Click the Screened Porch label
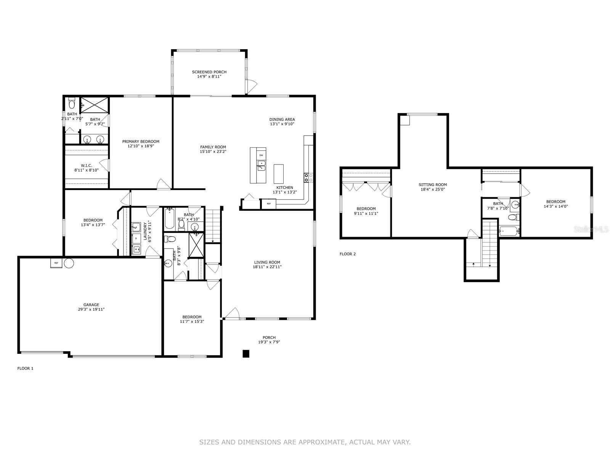click(x=209, y=72)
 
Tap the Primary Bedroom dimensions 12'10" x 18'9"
click(x=141, y=146)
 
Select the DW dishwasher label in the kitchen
click(x=261, y=155)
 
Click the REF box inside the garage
click(x=56, y=263)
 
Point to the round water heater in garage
click(x=69, y=263)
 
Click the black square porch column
click(x=246, y=353)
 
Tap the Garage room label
click(x=91, y=305)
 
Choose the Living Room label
click(x=267, y=262)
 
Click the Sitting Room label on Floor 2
click(x=433, y=185)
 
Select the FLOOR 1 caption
click(x=25, y=368)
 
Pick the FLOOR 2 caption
click(x=347, y=254)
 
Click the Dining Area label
click(x=282, y=119)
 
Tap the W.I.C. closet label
click(x=87, y=166)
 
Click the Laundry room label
click(x=145, y=231)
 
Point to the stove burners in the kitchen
click(x=308, y=178)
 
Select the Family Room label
click(x=213, y=147)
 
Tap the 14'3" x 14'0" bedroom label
click(x=555, y=202)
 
